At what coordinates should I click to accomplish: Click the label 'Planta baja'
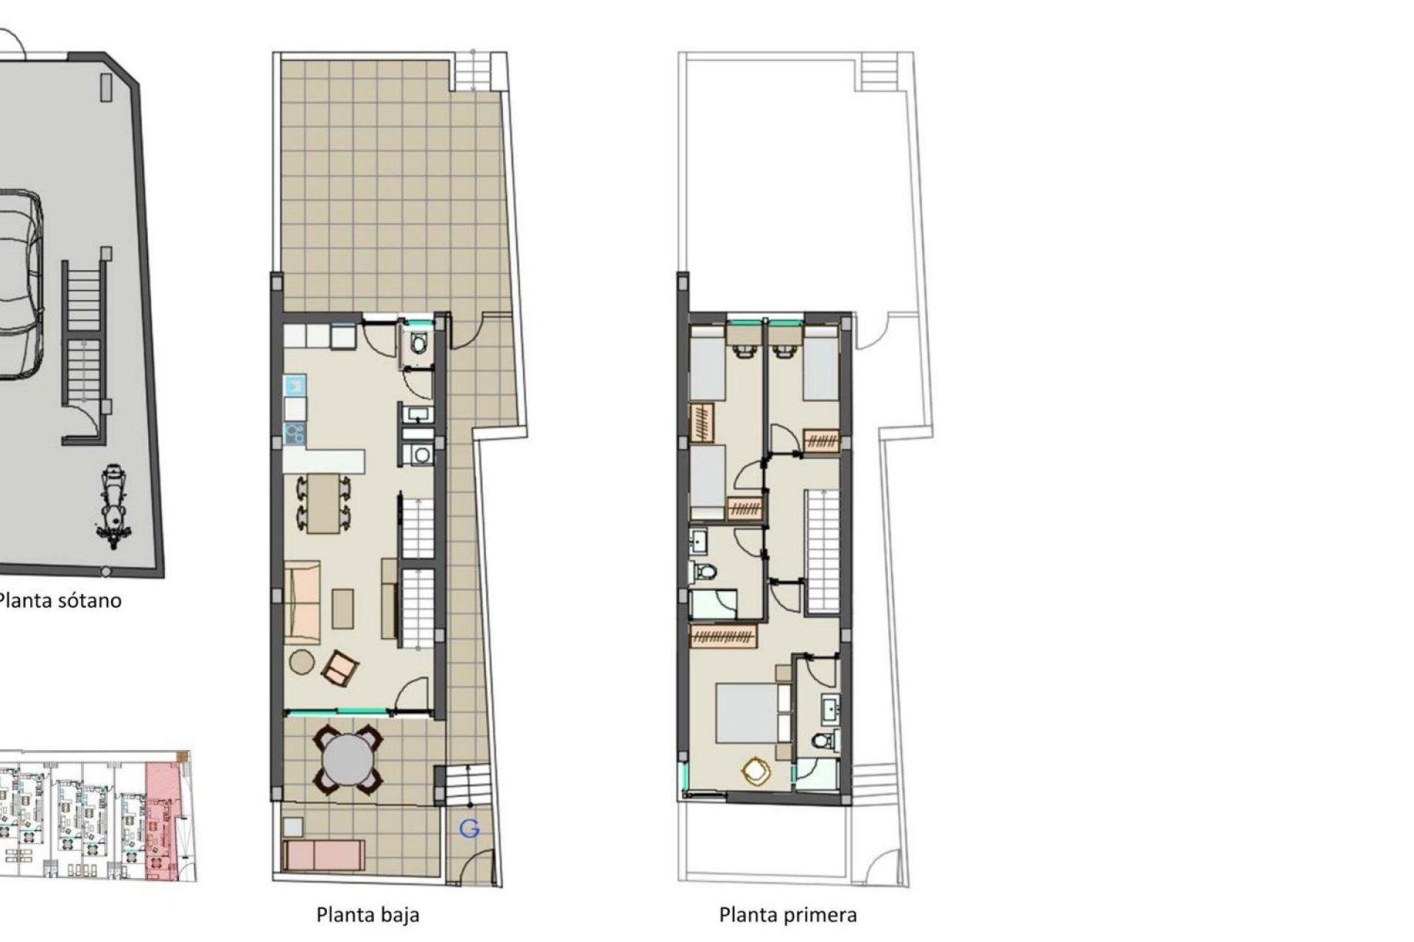(x=367, y=915)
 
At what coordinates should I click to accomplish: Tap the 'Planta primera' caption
(x=787, y=915)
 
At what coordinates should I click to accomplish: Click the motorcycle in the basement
(x=113, y=506)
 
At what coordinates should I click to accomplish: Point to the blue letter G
(x=469, y=829)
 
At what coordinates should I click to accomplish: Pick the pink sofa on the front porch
(x=324, y=854)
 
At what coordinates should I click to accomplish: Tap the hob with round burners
(x=295, y=433)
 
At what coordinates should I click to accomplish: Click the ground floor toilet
(x=419, y=343)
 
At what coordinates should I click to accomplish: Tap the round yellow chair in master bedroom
(x=756, y=771)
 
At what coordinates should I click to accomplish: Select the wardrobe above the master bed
(x=724, y=635)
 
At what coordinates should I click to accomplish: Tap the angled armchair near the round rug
(x=340, y=667)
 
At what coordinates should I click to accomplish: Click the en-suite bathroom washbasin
(x=831, y=710)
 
